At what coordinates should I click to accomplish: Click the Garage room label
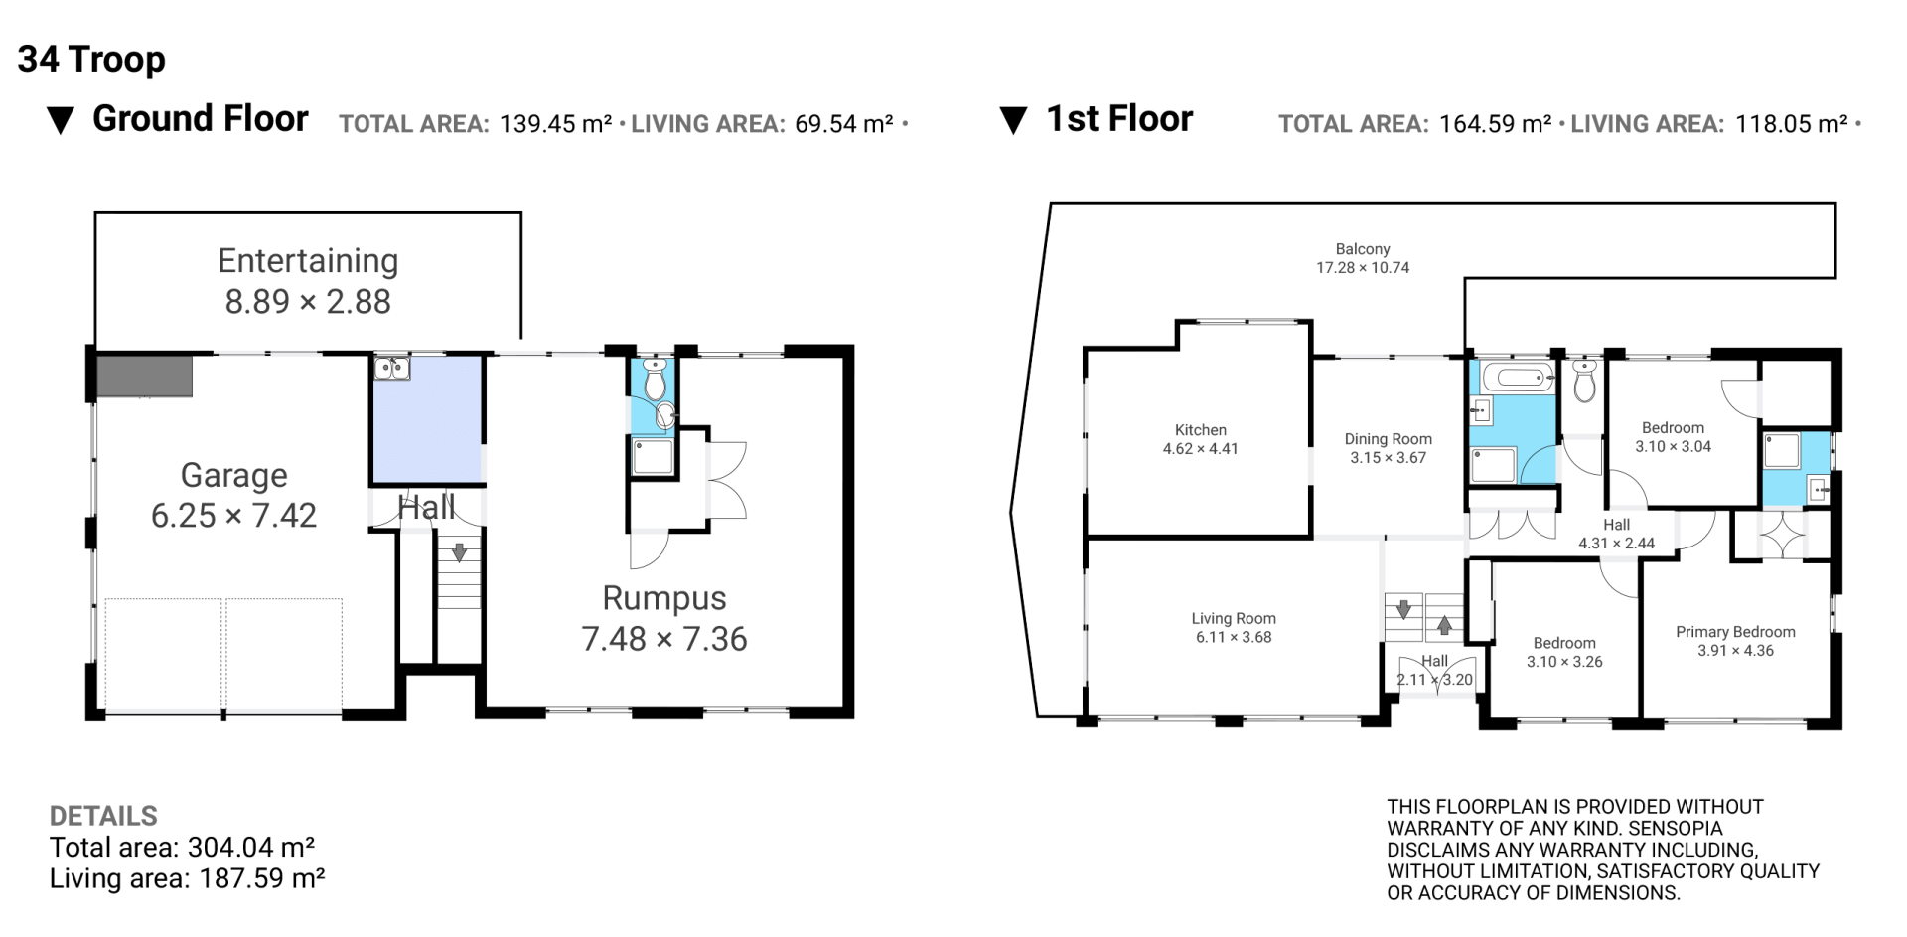[233, 475]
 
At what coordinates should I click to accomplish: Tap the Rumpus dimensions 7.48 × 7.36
[663, 639]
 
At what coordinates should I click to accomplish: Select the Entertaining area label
[308, 260]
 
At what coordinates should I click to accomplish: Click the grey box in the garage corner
[144, 377]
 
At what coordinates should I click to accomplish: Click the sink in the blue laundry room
[392, 368]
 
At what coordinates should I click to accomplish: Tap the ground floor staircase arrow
[459, 552]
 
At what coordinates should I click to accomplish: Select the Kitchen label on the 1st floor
[1201, 430]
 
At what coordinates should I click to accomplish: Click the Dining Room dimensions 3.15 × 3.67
[1388, 458]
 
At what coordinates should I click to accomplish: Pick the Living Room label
[1234, 618]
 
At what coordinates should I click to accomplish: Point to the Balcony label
[1363, 249]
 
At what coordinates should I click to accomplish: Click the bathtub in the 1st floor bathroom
[1518, 377]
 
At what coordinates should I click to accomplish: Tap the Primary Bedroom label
[1735, 632]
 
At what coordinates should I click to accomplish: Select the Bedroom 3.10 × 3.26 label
[1564, 652]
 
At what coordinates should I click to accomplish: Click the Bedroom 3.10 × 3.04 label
[1674, 437]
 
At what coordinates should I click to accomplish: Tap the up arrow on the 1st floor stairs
[1444, 626]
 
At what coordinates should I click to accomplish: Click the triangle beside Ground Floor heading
[61, 121]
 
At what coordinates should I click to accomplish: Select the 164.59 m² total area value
[1495, 124]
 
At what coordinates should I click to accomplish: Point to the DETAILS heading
[103, 816]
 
